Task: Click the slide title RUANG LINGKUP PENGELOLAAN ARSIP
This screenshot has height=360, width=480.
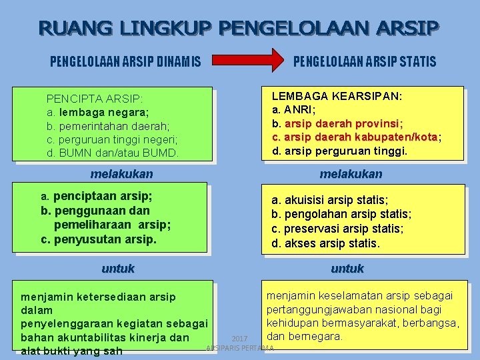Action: pos(239,28)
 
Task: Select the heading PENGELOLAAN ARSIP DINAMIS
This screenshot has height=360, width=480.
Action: pos(126,62)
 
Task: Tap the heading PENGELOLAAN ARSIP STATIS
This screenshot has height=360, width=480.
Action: pos(365,62)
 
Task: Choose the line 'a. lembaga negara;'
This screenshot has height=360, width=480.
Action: pos(97,112)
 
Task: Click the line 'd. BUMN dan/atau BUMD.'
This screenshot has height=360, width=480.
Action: pos(113,153)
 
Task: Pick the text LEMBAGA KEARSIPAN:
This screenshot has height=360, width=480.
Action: pos(337,96)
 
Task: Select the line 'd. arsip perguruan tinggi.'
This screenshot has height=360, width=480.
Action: pos(339,151)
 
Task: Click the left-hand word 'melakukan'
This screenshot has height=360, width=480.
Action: pos(121,174)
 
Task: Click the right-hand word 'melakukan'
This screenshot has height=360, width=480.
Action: pos(351,174)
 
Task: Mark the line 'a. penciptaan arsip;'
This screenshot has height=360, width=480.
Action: pos(97,197)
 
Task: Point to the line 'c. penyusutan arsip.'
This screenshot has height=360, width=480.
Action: pos(99,238)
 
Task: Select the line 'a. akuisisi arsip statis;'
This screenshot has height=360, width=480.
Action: pos(329,200)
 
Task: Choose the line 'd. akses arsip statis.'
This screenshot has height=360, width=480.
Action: pos(325,243)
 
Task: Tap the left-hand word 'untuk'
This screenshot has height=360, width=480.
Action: pos(118,269)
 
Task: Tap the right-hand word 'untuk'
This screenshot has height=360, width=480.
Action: pos(347,269)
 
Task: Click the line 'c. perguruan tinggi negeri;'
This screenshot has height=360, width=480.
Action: pos(112,139)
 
